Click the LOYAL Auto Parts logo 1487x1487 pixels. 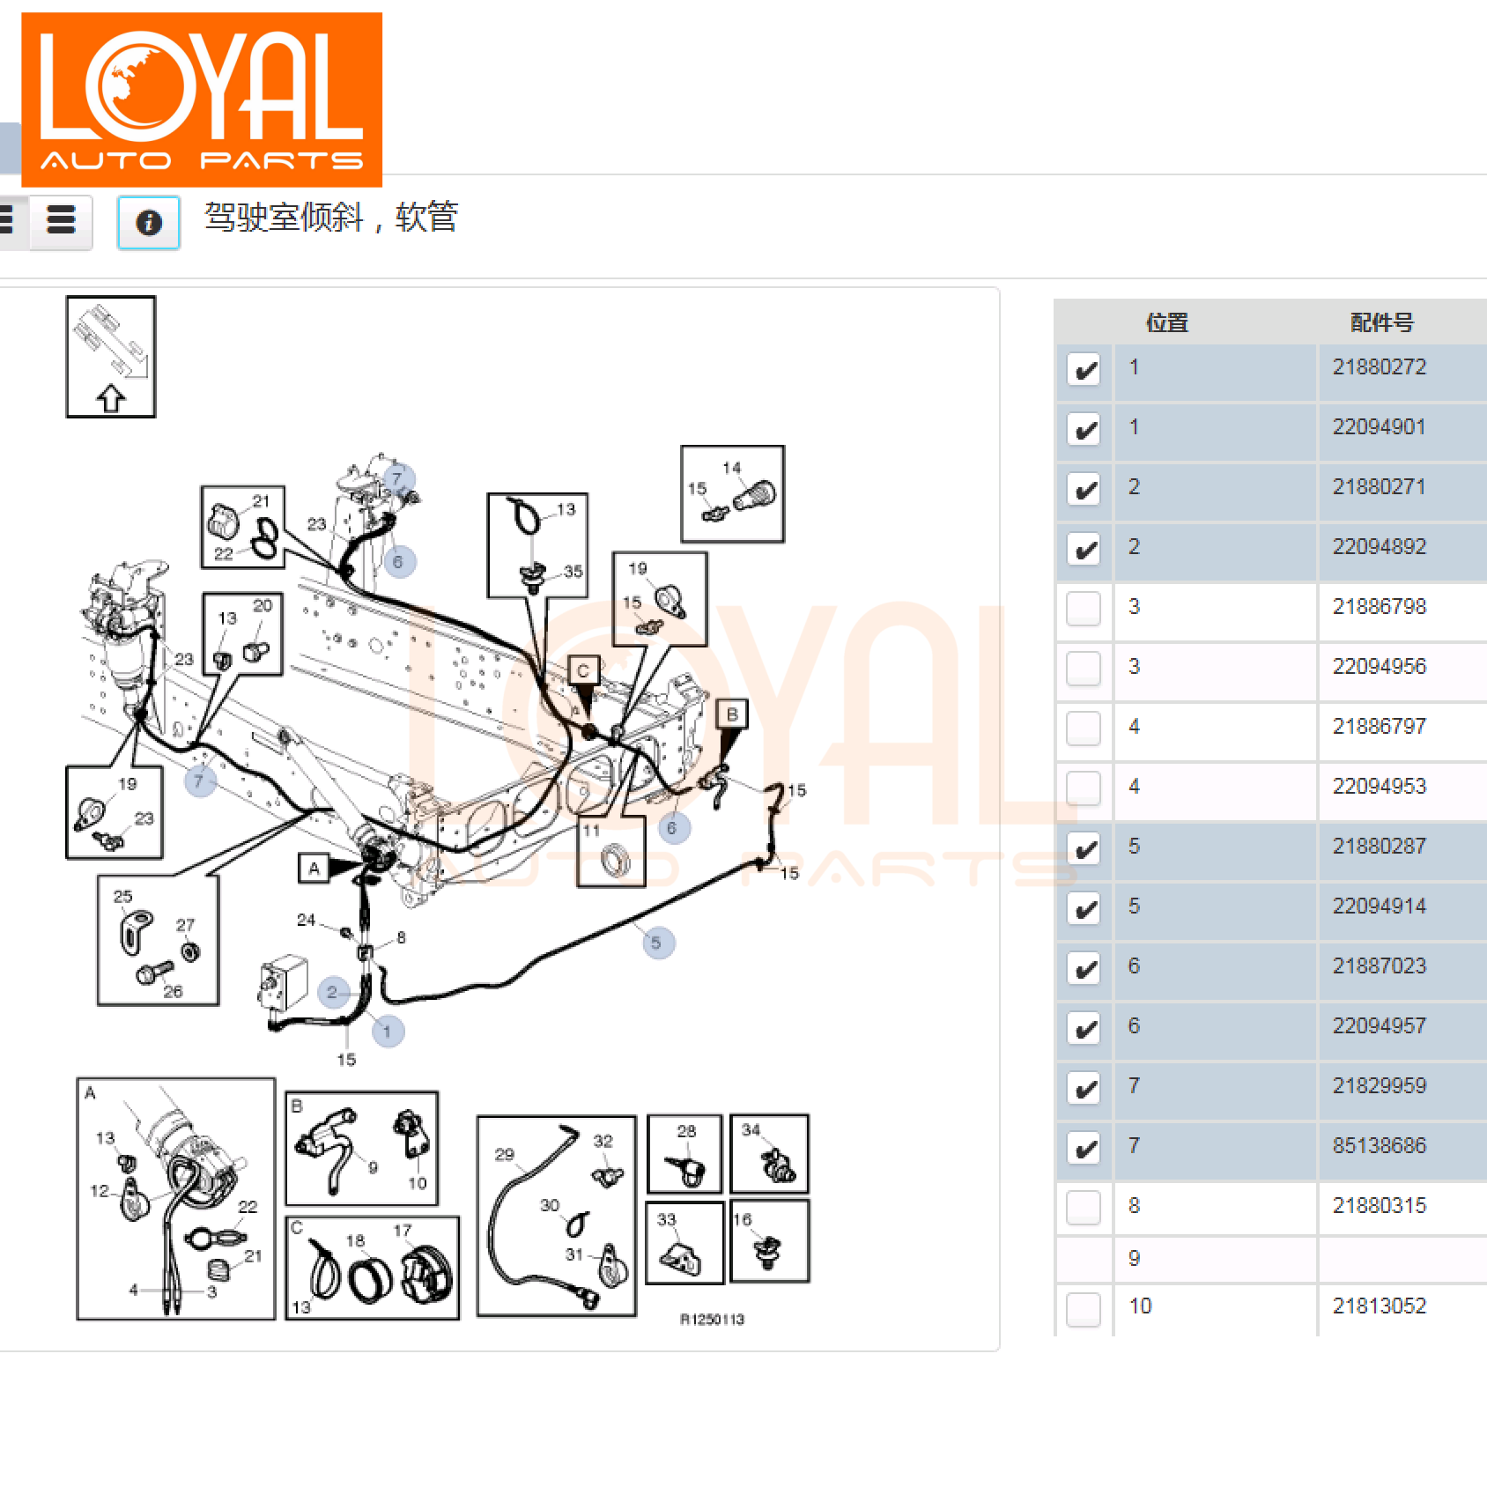202,100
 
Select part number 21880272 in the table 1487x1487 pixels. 1379,367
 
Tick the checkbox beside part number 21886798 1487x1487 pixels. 1084,609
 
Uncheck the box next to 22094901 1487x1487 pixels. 1084,429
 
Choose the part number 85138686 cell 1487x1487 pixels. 1379,1146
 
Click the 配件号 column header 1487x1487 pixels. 1381,323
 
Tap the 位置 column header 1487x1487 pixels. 1167,323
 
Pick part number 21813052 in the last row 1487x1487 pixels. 1379,1306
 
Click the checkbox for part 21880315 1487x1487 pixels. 1084,1208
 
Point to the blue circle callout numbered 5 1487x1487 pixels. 658,943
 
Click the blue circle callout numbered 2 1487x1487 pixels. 333,993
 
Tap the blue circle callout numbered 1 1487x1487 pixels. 388,1031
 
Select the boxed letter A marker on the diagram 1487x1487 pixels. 314,869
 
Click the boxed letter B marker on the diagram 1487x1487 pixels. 732,714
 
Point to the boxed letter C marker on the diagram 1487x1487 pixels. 583,671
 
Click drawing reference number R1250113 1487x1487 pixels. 712,1320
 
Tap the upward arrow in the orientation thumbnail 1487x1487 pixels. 111,398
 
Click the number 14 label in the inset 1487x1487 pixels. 731,468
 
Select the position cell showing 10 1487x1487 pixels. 1140,1306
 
